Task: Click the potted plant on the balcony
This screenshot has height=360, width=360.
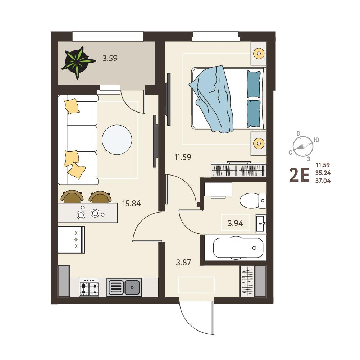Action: (x=78, y=62)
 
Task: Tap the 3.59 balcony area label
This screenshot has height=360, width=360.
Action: (x=110, y=58)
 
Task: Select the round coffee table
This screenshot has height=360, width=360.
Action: (x=117, y=140)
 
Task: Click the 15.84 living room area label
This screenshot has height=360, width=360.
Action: (x=131, y=204)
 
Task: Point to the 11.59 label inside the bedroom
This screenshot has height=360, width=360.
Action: (x=183, y=157)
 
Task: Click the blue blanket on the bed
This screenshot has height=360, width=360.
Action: (x=211, y=99)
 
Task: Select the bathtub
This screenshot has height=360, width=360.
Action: (x=238, y=248)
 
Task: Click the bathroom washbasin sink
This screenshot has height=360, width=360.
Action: (x=261, y=223)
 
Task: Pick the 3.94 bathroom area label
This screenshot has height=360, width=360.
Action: (x=235, y=223)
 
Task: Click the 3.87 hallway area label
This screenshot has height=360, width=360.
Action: (x=183, y=262)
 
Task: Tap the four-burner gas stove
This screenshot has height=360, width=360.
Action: (x=89, y=287)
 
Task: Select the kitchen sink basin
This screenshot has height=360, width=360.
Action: (x=124, y=287)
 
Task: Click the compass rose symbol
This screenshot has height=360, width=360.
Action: (x=303, y=146)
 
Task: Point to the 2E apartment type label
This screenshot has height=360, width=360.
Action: (x=299, y=175)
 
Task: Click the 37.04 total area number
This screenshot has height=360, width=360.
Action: (x=323, y=181)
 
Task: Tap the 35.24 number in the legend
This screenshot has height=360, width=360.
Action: (x=323, y=173)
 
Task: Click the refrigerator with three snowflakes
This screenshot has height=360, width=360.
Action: (x=71, y=240)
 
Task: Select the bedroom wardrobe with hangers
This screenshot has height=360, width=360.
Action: (x=238, y=170)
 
